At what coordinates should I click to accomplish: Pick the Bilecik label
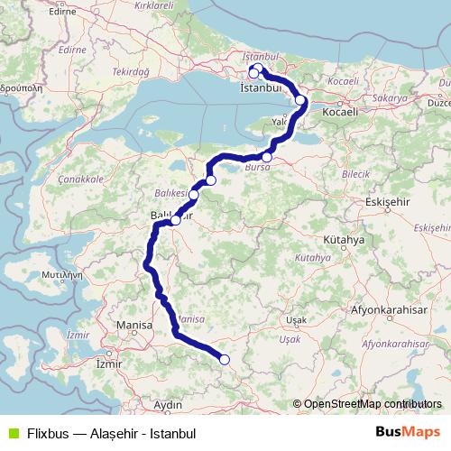pos(355,171)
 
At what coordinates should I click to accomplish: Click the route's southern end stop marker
pos(225,361)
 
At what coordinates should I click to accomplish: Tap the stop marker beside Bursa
pos(266,157)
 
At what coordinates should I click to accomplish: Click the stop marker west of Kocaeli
pos(300,101)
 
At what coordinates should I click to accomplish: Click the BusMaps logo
pos(409,432)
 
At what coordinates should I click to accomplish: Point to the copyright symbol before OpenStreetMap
pos(298,405)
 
